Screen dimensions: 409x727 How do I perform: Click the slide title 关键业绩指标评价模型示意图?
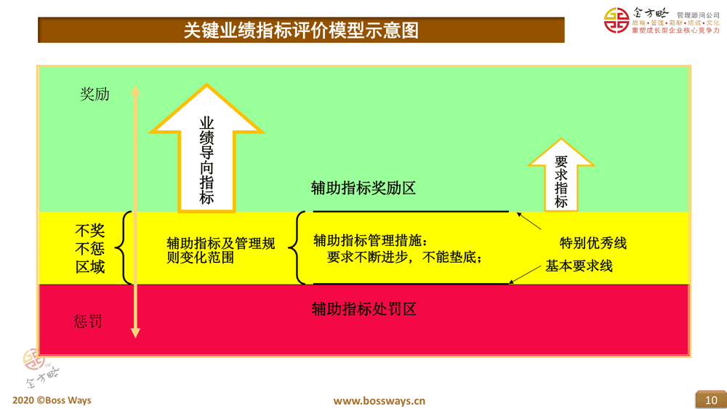301,31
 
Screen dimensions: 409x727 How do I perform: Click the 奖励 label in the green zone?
95,95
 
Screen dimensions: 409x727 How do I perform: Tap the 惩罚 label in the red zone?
88,321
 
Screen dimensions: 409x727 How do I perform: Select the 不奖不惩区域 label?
90,248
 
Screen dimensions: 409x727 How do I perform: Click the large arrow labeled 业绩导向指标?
206,149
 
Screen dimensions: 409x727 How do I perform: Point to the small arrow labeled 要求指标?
561,175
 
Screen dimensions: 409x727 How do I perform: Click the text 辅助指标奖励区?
363,188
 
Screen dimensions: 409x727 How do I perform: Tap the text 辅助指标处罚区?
364,309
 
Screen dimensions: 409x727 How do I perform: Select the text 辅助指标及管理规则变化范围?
221,250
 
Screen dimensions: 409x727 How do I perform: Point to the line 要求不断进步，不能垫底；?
405,258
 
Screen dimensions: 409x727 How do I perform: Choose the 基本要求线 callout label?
579,266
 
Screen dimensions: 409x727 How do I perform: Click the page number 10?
710,400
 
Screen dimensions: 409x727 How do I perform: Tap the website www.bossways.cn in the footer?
379,401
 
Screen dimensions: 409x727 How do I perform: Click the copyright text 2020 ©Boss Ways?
52,400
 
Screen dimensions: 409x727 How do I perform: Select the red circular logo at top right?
617,20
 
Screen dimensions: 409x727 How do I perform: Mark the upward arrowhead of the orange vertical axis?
135,92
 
